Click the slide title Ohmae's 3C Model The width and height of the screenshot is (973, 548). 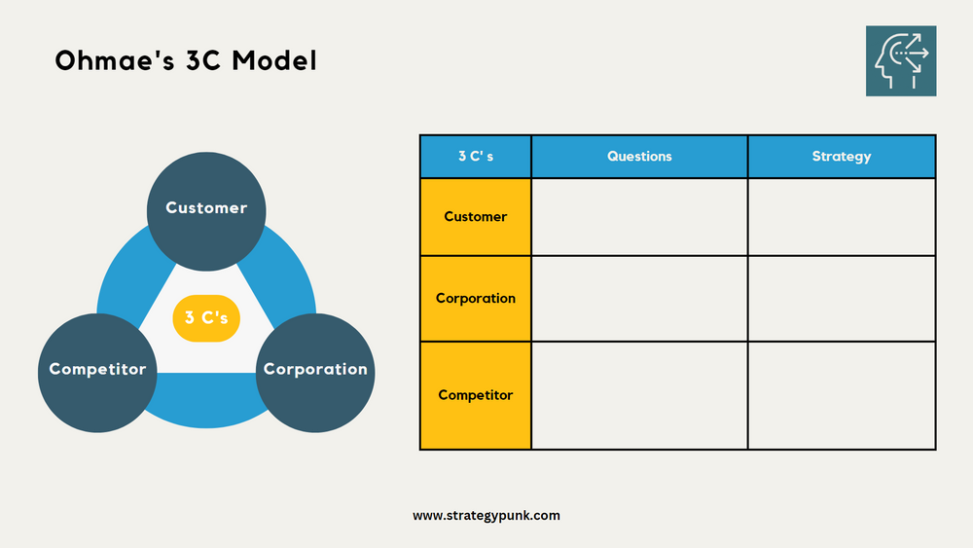(x=185, y=61)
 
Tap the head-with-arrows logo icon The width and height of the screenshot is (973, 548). (x=901, y=60)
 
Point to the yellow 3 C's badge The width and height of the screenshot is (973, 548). (x=206, y=317)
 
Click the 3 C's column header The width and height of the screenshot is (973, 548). (x=476, y=157)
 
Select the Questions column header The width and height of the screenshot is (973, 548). (x=639, y=157)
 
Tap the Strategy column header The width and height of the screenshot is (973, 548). (x=842, y=157)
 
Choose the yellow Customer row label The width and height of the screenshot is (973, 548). (x=476, y=217)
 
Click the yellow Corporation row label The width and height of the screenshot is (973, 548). (x=476, y=299)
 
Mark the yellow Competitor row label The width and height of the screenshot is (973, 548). (x=476, y=395)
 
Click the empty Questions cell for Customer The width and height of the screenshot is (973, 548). (x=639, y=217)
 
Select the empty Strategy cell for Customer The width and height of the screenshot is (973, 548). (x=842, y=217)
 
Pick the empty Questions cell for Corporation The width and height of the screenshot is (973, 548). (x=639, y=299)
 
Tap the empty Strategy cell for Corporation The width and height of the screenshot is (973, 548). (x=842, y=299)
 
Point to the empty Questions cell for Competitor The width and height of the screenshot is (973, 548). (x=639, y=395)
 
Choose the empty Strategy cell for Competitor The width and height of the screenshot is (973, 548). (x=842, y=395)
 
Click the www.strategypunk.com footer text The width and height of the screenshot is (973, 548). (x=486, y=516)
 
